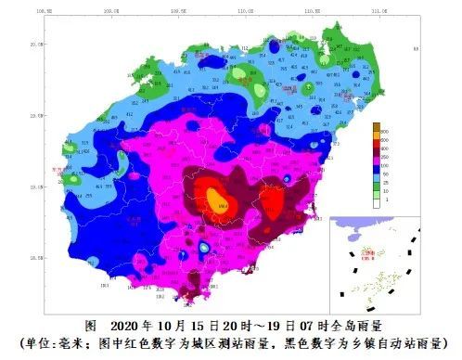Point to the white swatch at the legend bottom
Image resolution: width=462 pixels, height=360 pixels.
(377, 200)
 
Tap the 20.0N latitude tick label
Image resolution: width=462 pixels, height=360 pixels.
(39, 44)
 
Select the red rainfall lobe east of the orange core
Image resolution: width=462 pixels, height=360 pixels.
(272, 201)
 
